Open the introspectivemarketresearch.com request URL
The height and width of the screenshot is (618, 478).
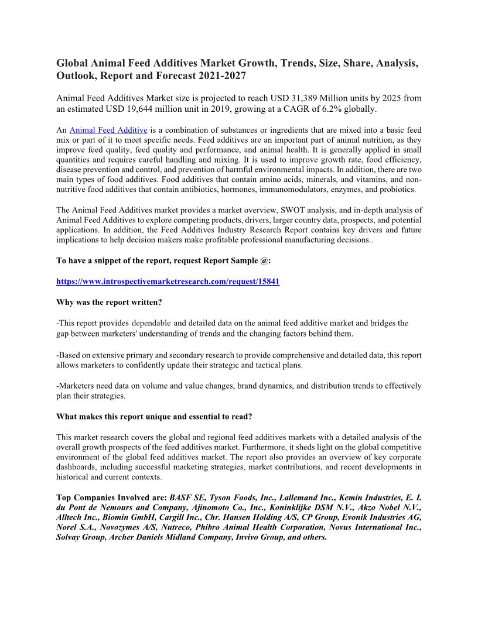click(x=168, y=281)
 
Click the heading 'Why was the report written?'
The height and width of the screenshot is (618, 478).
click(x=109, y=302)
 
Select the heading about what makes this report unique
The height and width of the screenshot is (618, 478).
click(x=154, y=417)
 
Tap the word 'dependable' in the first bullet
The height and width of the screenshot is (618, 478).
click(x=151, y=323)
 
